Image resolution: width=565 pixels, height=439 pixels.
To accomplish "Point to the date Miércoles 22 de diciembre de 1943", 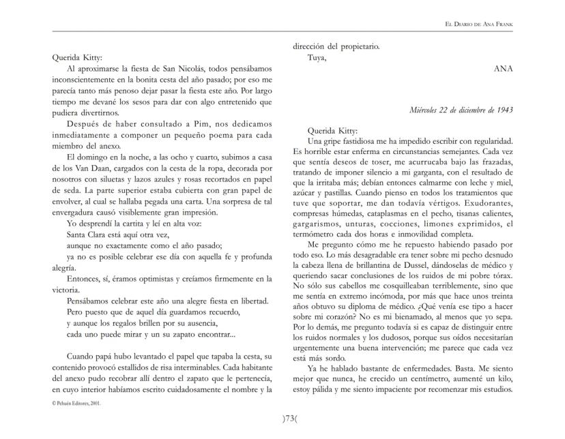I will tap(461, 110).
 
